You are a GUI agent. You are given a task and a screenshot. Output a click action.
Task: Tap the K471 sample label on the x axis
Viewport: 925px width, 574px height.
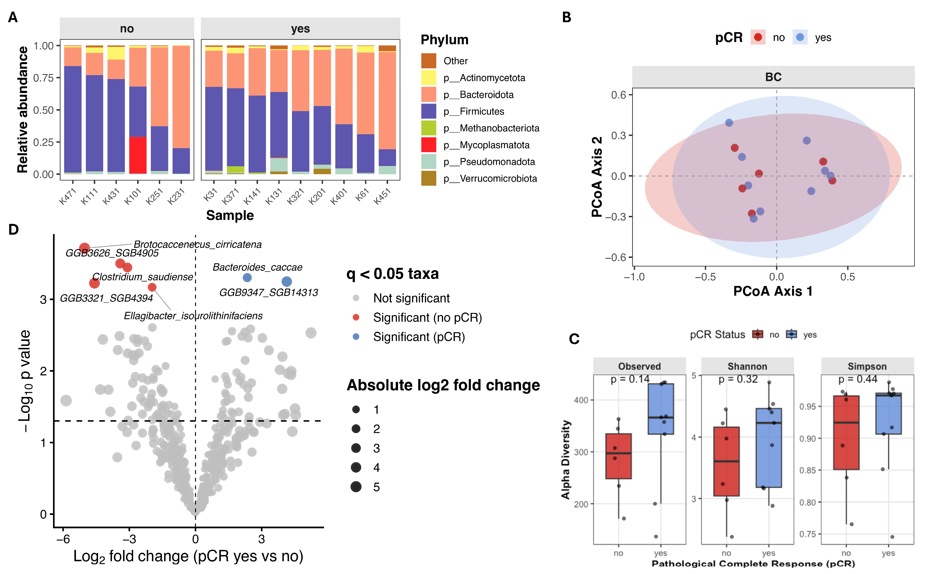[67, 197]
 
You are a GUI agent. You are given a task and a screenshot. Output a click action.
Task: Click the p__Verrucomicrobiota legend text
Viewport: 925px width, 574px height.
[490, 178]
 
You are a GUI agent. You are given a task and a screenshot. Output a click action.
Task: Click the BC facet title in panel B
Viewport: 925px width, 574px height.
[773, 77]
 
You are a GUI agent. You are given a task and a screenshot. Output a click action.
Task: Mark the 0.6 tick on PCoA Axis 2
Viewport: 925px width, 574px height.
[618, 95]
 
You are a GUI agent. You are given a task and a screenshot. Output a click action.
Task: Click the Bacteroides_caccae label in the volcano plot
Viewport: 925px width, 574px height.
[257, 267]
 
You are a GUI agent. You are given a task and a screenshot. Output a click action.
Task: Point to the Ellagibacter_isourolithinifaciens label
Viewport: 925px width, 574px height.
[193, 316]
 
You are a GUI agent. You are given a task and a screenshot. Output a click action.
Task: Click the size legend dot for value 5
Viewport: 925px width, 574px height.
[356, 487]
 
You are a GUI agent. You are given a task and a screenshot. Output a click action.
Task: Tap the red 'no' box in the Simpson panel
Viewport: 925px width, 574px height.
[846, 432]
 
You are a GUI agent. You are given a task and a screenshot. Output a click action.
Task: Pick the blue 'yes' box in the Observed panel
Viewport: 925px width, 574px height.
[661, 409]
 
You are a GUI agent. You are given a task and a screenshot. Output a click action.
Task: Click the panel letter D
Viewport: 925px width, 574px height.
[13, 230]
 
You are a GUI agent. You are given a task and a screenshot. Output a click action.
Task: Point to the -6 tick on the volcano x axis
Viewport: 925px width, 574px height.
[63, 539]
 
